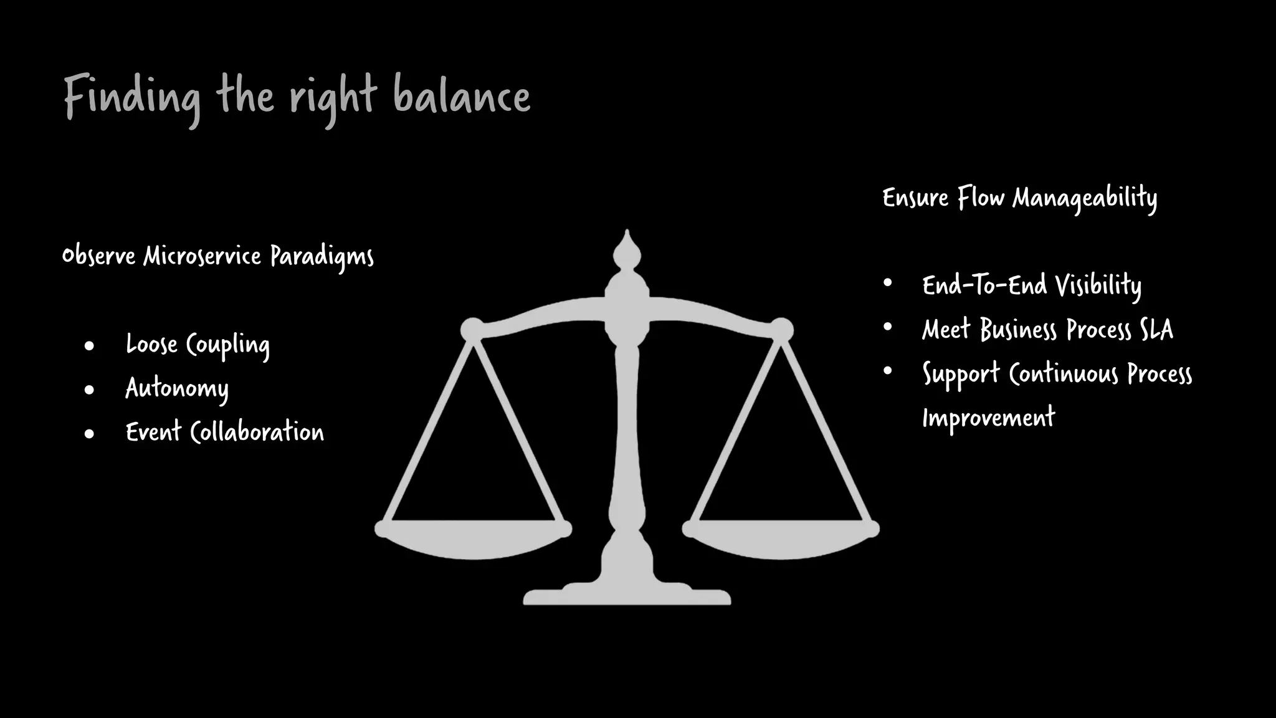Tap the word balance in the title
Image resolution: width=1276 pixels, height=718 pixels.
[x=462, y=97]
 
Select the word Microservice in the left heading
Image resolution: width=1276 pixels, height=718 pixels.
[x=202, y=256]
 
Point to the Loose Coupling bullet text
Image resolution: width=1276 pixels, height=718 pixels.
[x=198, y=345]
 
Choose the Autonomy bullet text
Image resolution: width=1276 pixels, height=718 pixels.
[x=177, y=388]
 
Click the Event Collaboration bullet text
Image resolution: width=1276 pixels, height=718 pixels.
[x=225, y=432]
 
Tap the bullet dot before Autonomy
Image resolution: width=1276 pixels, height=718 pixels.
[x=89, y=390]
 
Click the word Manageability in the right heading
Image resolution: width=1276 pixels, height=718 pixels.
[x=1085, y=198]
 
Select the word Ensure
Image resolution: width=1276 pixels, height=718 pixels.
[x=915, y=198]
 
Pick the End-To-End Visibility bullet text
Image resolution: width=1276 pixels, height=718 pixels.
[x=1032, y=285]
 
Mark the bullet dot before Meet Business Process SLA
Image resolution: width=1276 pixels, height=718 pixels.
[x=888, y=327]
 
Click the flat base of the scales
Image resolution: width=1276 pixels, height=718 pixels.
[x=627, y=597]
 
